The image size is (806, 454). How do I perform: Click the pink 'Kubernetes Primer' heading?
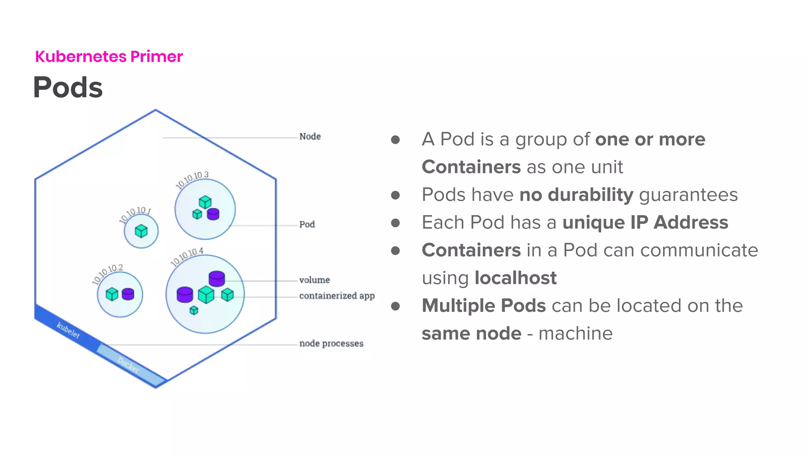109,56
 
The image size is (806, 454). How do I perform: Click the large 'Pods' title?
68,87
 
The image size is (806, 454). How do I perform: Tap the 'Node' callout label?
310,136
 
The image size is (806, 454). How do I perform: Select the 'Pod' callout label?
307,224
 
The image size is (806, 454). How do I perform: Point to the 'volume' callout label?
314,280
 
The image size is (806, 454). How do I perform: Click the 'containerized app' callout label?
336,296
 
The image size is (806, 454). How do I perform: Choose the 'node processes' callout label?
331,343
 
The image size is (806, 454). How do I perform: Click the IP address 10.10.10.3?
192,179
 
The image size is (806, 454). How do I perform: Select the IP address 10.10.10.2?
107,273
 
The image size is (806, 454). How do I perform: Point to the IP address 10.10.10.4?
187,257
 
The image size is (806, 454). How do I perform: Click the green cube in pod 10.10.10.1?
141,231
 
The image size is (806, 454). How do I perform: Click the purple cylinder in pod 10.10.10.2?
128,294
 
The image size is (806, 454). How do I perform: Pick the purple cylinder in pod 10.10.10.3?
213,214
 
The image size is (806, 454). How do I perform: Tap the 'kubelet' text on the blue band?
68,330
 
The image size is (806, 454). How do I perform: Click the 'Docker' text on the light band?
128,365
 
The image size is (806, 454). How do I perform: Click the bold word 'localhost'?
516,278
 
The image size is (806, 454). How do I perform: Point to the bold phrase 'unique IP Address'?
645,222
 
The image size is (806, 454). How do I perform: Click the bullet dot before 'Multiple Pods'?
396,306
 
